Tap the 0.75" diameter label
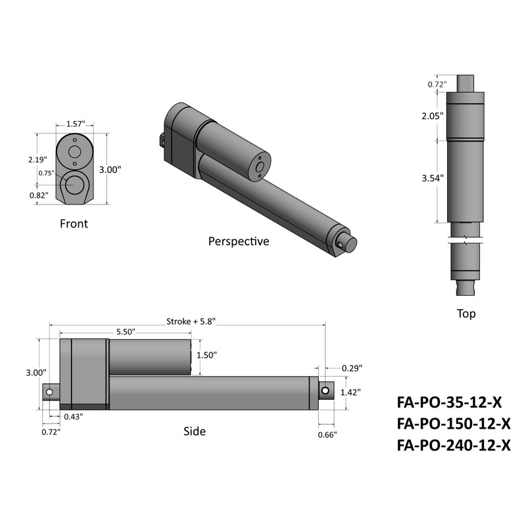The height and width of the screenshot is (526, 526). coord(46,173)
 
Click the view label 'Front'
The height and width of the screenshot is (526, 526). coord(74,224)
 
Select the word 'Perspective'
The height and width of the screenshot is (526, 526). coord(239,241)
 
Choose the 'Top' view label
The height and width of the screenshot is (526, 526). coord(466,314)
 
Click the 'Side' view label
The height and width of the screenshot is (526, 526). coord(195,431)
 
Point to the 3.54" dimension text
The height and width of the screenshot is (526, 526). coord(433,178)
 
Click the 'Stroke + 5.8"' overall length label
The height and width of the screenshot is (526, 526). coord(191,322)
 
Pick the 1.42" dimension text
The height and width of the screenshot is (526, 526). coord(352,393)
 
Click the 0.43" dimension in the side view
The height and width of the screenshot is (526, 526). coord(73,417)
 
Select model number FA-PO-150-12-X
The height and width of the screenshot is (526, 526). coord(454,422)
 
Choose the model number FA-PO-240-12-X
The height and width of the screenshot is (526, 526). coord(454,445)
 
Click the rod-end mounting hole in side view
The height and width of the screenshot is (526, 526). coord(325,391)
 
